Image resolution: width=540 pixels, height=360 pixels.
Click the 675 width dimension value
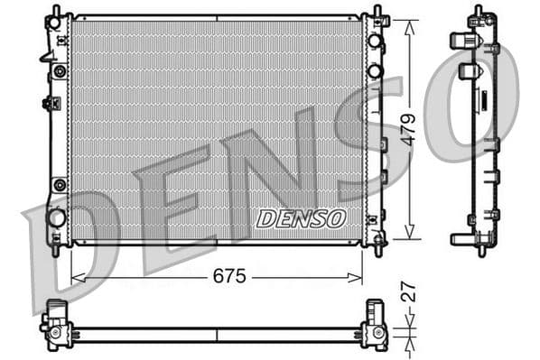click(228, 277)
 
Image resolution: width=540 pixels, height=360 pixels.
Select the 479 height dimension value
click(408, 129)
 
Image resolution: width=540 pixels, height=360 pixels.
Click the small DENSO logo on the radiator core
click(301, 218)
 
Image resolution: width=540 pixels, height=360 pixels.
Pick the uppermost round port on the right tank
click(374, 42)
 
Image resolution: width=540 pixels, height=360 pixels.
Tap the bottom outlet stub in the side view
click(461, 239)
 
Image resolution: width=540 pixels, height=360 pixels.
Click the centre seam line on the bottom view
click(217, 334)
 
